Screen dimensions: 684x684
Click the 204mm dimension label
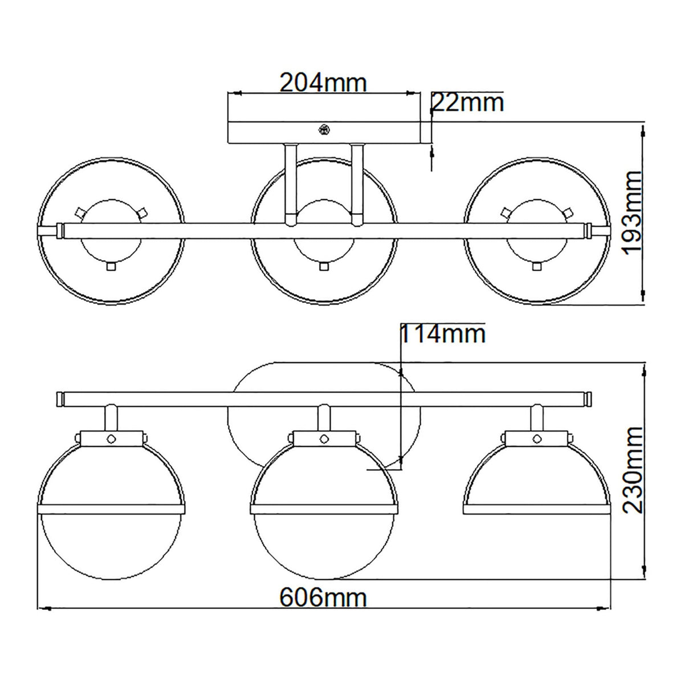click(323, 83)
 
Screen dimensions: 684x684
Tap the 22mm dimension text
click(468, 103)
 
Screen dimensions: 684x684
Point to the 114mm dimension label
click(443, 334)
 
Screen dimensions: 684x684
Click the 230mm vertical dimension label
click(632, 469)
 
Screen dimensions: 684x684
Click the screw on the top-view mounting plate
click(324, 131)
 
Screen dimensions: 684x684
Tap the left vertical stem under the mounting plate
click(290, 182)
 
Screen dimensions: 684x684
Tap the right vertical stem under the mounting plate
click(357, 182)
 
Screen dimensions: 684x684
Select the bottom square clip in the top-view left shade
click(112, 266)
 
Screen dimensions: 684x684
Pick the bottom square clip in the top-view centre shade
click(324, 266)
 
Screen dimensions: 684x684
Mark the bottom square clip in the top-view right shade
click(536, 266)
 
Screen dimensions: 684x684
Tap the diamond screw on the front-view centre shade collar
click(324, 438)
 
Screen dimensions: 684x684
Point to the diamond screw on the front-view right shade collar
click(536, 438)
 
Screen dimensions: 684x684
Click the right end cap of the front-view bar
click(587, 398)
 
